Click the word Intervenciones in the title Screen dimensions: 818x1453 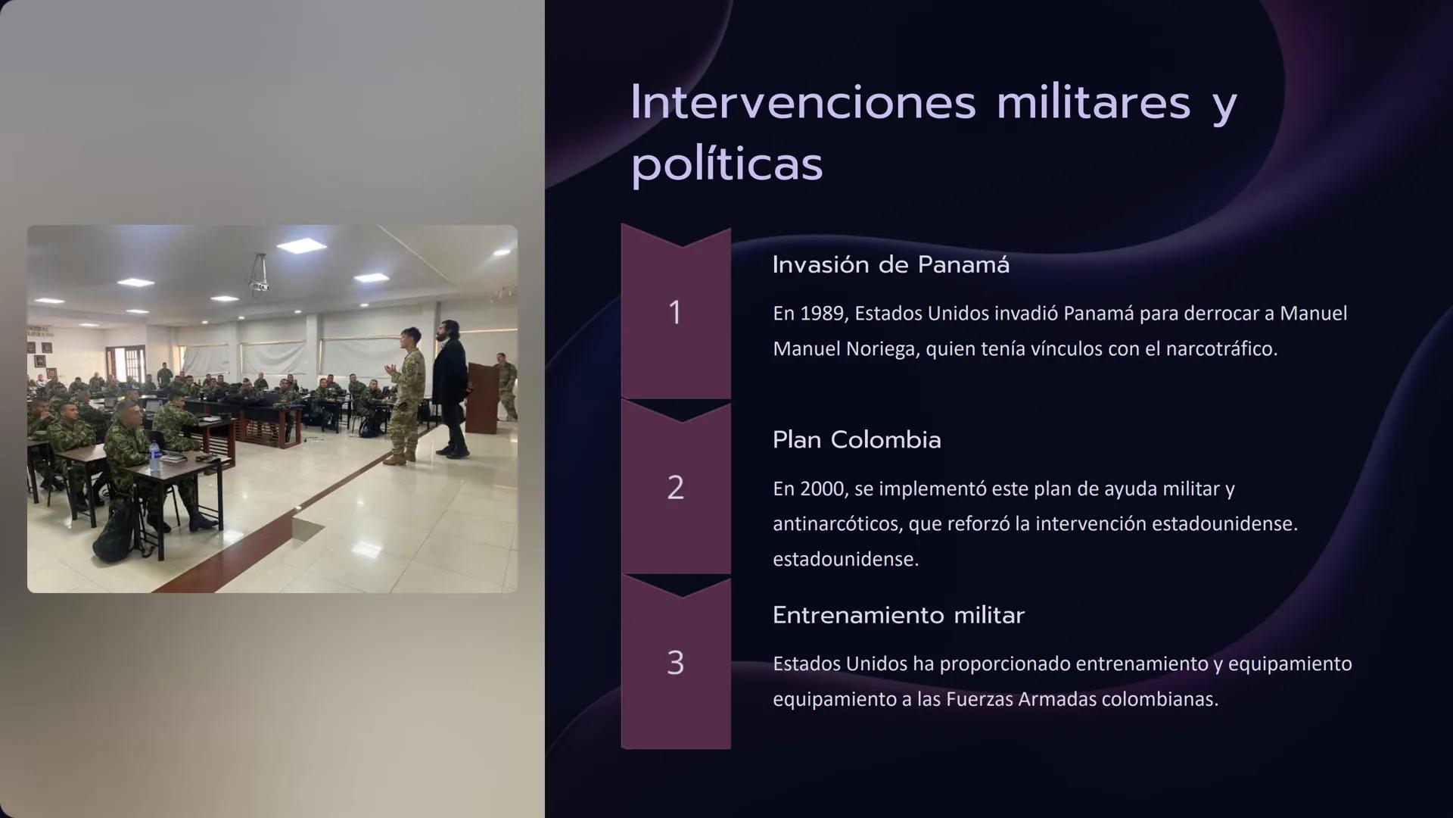point(803,102)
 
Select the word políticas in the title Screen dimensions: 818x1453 point(726,164)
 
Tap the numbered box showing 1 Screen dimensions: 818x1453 point(676,312)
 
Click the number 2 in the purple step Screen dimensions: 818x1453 point(676,487)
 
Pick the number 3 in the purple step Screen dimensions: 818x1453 point(676,663)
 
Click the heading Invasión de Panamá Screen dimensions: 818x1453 point(891,265)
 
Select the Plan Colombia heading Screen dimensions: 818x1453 point(857,440)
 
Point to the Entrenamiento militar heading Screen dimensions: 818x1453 point(898,615)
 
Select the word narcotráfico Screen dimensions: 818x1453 point(1218,349)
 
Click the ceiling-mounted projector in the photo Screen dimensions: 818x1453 point(259,277)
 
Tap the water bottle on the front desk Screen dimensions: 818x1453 point(154,457)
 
